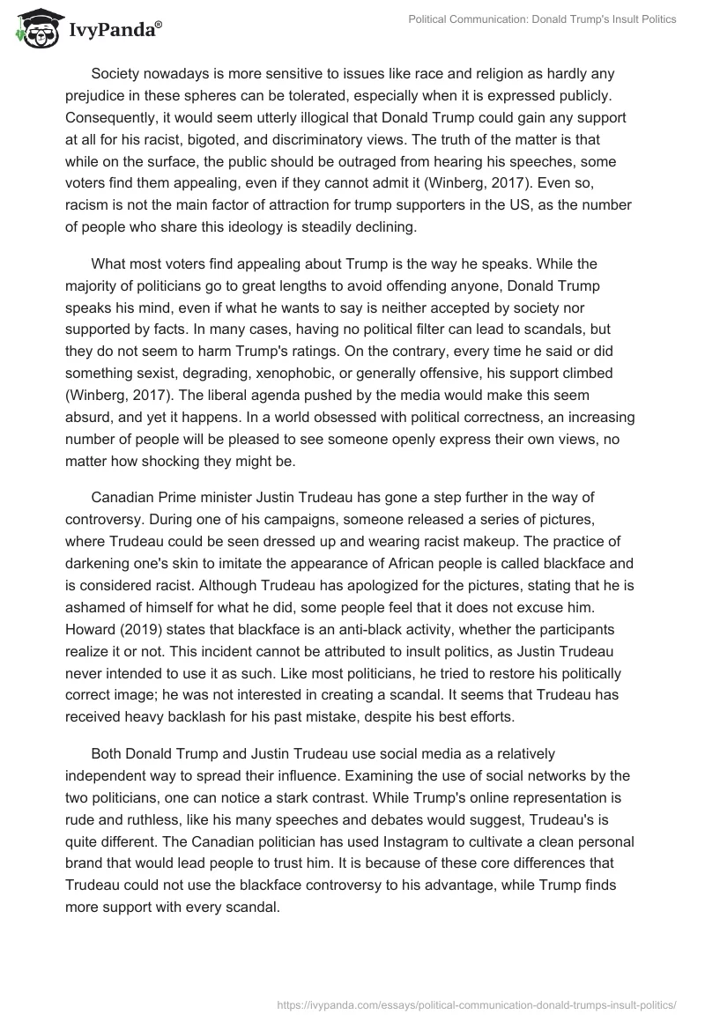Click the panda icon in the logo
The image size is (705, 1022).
coord(34,29)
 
